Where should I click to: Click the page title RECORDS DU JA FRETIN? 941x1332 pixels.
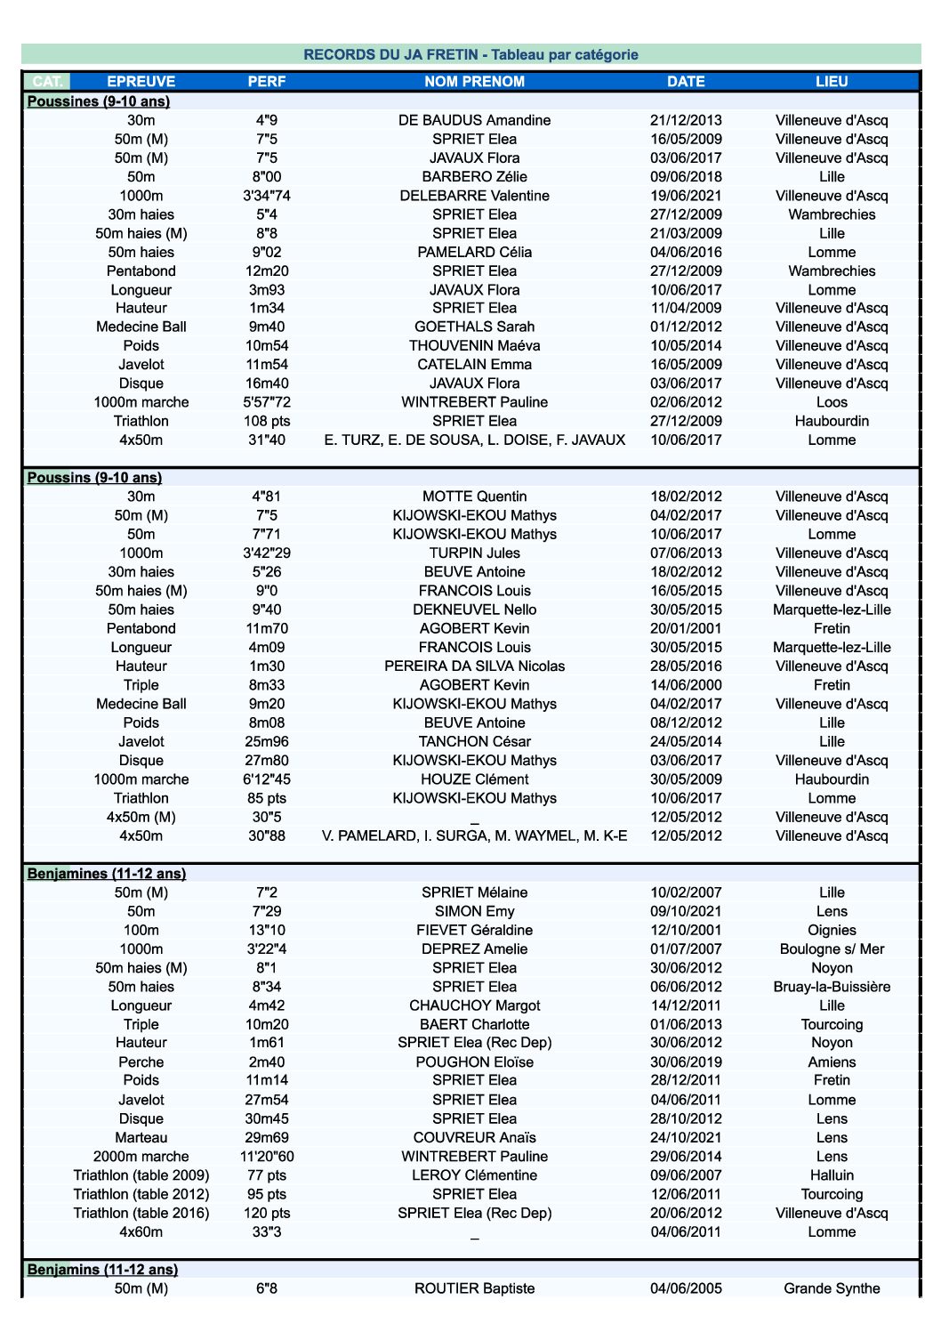coord(471,54)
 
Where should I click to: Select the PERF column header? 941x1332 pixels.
coord(267,81)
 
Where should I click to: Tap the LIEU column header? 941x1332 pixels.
coord(832,81)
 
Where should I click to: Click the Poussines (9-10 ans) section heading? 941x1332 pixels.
coord(99,101)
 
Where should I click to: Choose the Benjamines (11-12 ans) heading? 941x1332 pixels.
coord(107,874)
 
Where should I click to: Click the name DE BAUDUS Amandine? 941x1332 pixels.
coord(474,120)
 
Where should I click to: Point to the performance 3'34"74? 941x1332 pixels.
coord(267,196)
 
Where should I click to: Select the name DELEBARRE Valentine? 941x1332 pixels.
coord(474,196)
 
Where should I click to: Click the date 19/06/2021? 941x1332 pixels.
coord(686,196)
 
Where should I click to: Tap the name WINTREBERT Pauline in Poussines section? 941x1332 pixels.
coord(474,402)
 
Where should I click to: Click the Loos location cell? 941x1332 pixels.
coord(832,402)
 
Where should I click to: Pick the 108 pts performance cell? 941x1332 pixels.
coord(267,421)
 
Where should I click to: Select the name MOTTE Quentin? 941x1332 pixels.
coord(474,496)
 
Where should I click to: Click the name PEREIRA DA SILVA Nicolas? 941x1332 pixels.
coord(474,666)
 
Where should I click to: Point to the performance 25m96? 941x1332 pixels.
coord(267,741)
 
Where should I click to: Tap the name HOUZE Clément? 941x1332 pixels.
coord(474,779)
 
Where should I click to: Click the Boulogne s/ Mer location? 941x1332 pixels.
coord(832,949)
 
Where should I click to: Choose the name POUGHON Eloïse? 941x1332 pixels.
coord(474,1062)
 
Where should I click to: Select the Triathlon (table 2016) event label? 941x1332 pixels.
coord(141,1213)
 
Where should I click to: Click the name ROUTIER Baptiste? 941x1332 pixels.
coord(474,1288)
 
